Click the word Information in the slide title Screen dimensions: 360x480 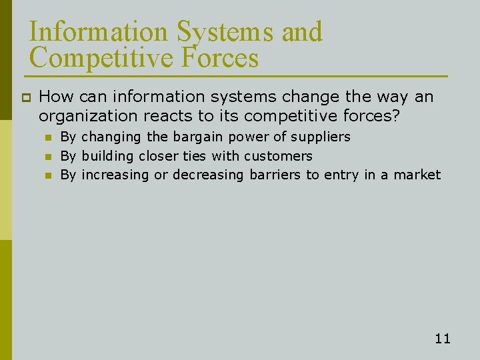click(99, 32)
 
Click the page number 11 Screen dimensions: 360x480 click(443, 339)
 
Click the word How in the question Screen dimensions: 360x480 click(56, 97)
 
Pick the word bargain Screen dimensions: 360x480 click(198, 137)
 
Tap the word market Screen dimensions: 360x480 click(419, 175)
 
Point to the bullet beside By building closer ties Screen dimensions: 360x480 click(48, 157)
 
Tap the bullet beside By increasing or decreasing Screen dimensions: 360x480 click(48, 175)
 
